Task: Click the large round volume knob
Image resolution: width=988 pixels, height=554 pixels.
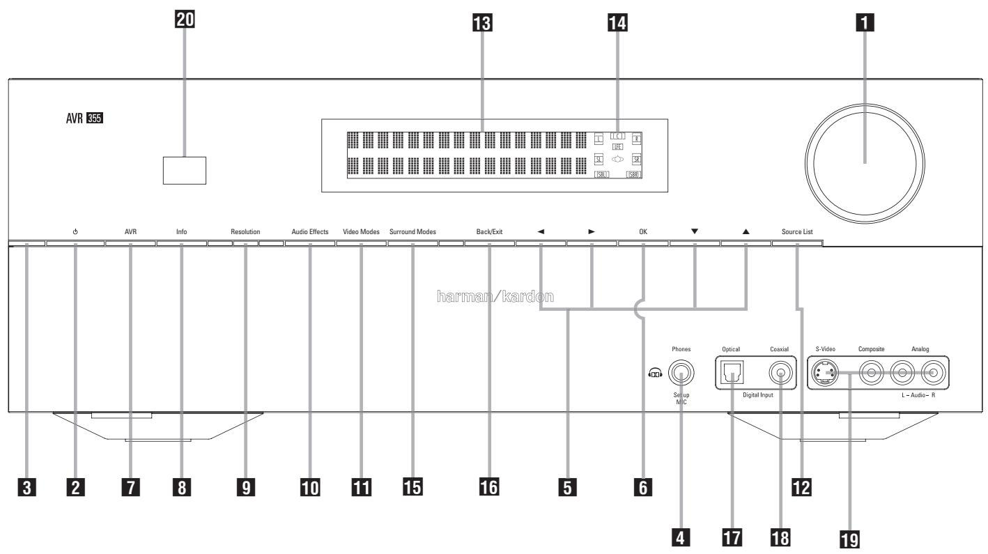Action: [865, 163]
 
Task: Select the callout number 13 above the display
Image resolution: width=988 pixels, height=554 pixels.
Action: [480, 25]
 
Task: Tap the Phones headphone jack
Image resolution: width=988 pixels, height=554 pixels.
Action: [681, 375]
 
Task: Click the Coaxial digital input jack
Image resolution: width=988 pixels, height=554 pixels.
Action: [780, 375]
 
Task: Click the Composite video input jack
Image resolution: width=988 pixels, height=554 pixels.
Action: [871, 375]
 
